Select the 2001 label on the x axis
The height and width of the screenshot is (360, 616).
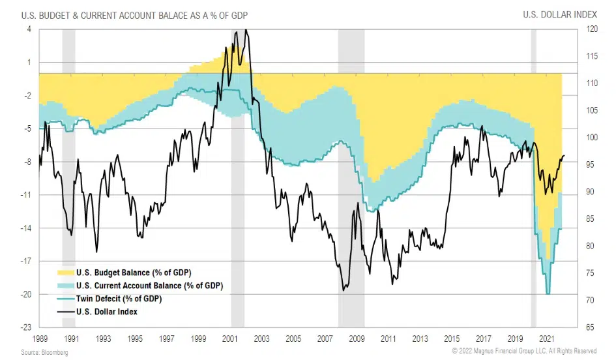pyautogui.click(x=229, y=340)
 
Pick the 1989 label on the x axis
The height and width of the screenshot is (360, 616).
pyautogui.click(x=39, y=340)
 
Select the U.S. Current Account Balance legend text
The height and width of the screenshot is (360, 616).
pyautogui.click(x=149, y=285)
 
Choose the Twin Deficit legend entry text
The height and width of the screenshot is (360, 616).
pyautogui.click(x=118, y=298)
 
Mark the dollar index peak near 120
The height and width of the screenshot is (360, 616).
pyautogui.click(x=244, y=30)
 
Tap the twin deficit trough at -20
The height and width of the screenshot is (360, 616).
pyautogui.click(x=548, y=294)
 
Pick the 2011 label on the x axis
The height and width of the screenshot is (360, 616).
pyautogui.click(x=388, y=340)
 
